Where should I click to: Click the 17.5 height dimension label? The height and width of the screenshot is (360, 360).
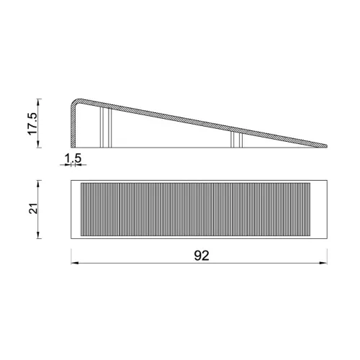pos(32,123)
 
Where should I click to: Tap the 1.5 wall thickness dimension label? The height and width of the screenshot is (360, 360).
pos(73,158)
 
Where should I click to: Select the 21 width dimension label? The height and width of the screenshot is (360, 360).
pos(33,208)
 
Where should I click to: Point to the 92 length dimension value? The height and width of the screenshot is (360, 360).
pos(202,256)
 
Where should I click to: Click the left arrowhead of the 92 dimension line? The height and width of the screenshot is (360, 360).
pos(74,263)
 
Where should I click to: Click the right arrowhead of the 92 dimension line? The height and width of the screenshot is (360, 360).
pos(323,263)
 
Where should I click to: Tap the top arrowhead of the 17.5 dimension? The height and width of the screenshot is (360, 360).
pos(38,102)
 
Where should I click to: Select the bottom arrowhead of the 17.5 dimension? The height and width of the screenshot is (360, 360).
pos(38,144)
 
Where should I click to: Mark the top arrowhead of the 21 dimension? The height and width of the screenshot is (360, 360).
pos(38,184)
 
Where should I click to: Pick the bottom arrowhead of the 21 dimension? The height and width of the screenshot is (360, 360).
pos(38,235)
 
